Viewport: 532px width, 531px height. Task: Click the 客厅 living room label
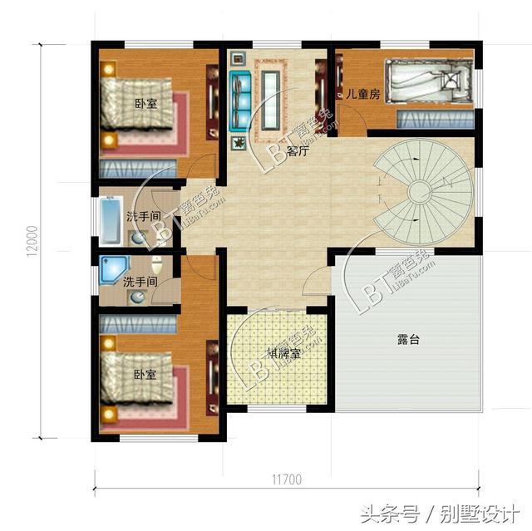pyautogui.click(x=298, y=151)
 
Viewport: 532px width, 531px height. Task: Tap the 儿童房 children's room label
pyautogui.click(x=363, y=95)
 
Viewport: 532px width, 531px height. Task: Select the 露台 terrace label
pyautogui.click(x=407, y=339)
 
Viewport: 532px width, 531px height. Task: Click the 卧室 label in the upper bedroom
pyautogui.click(x=145, y=103)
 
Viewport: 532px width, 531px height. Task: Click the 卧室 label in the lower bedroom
pyautogui.click(x=145, y=375)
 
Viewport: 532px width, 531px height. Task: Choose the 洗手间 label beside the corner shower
pyautogui.click(x=140, y=283)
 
